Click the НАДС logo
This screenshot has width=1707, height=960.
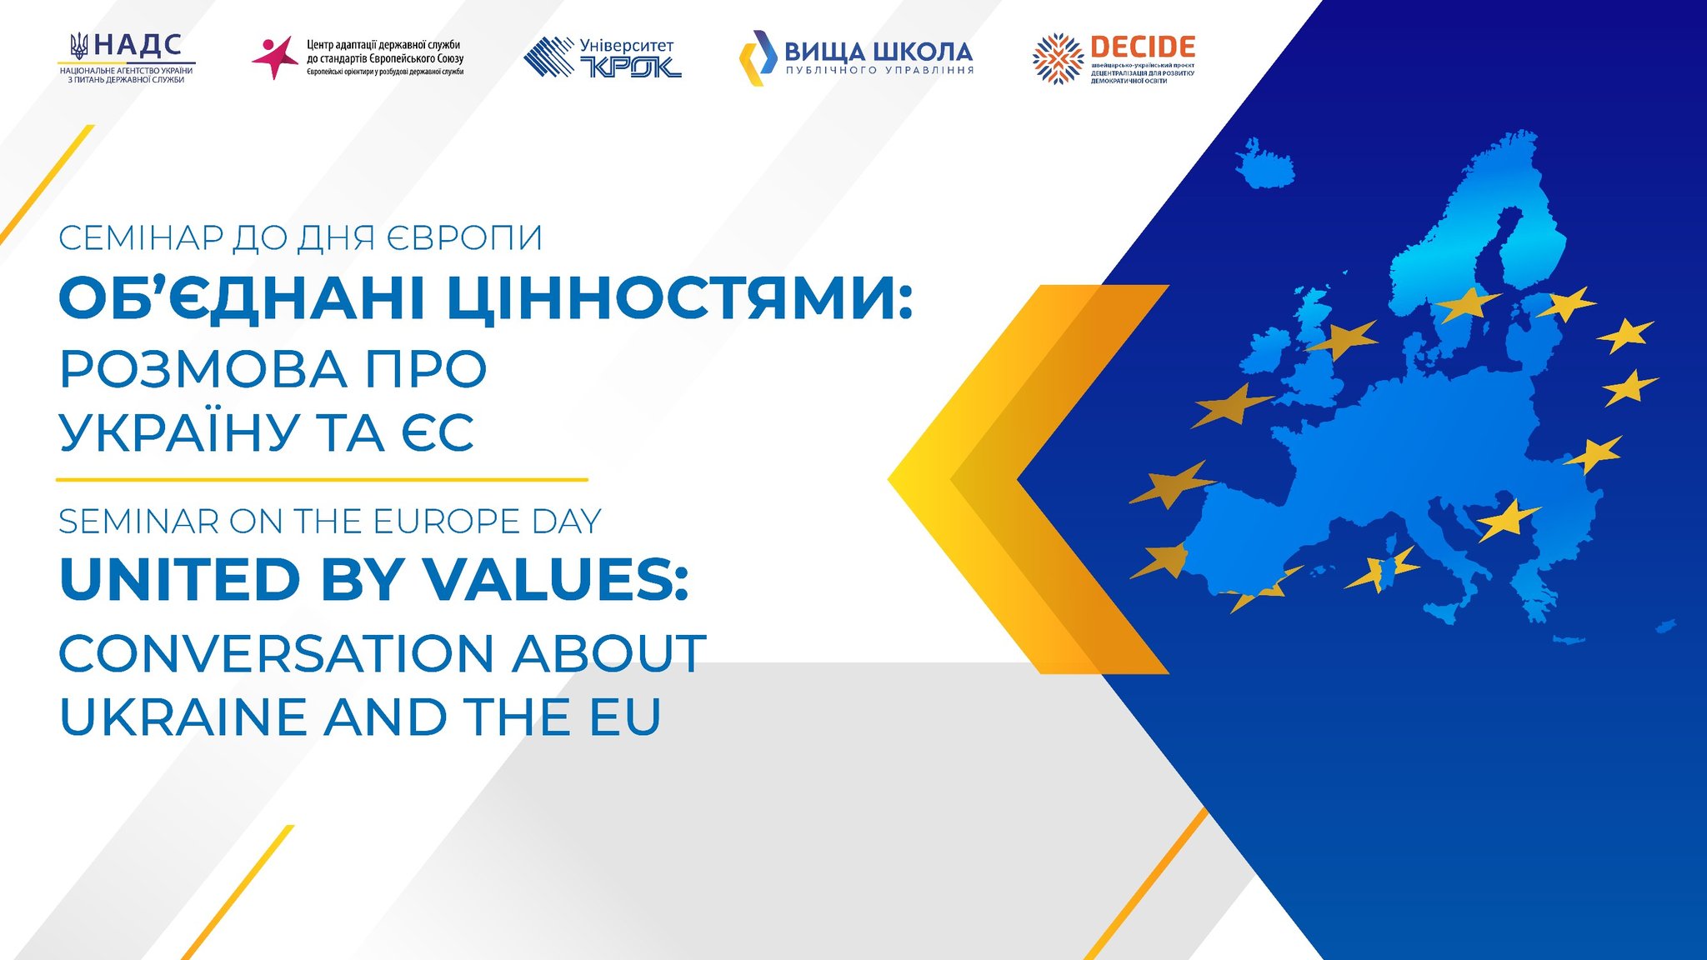click(127, 57)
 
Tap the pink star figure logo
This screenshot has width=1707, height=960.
click(274, 57)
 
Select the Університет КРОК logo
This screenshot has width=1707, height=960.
click(603, 57)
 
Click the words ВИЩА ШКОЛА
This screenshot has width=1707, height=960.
click(879, 52)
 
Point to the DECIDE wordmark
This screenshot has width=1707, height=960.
click(1143, 47)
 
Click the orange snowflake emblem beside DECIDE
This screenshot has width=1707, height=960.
click(1058, 58)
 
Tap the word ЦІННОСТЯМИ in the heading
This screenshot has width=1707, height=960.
click(680, 297)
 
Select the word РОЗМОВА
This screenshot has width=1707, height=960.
click(203, 369)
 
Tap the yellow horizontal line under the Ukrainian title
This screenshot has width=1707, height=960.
click(322, 480)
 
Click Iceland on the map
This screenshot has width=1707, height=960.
click(1264, 164)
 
